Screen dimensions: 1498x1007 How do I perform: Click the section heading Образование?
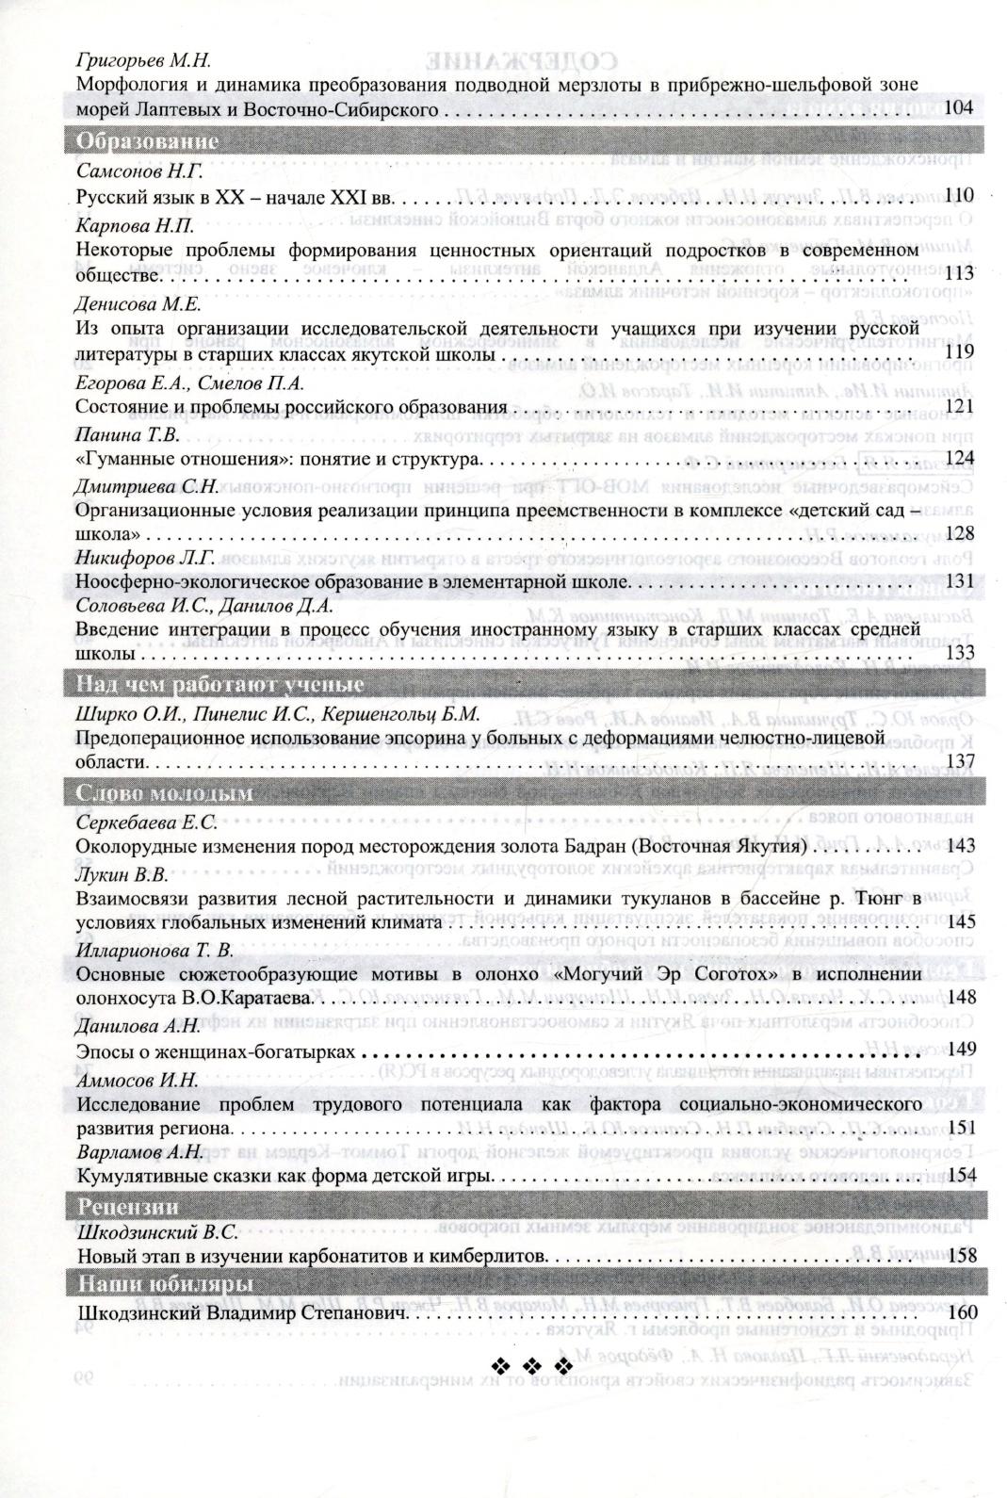(x=147, y=142)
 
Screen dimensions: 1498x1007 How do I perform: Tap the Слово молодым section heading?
(x=165, y=793)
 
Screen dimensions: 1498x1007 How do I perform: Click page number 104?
(x=957, y=109)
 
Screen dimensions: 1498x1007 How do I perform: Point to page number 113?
(x=958, y=274)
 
